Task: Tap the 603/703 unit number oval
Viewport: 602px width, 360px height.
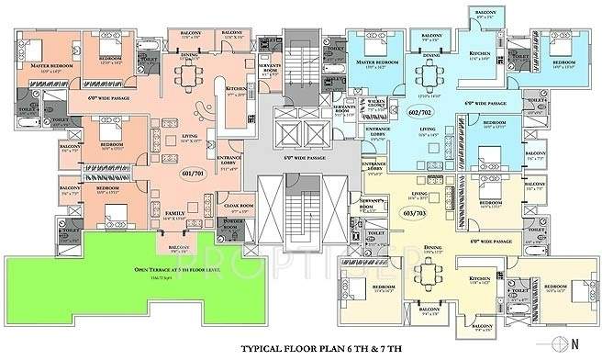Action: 414,211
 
